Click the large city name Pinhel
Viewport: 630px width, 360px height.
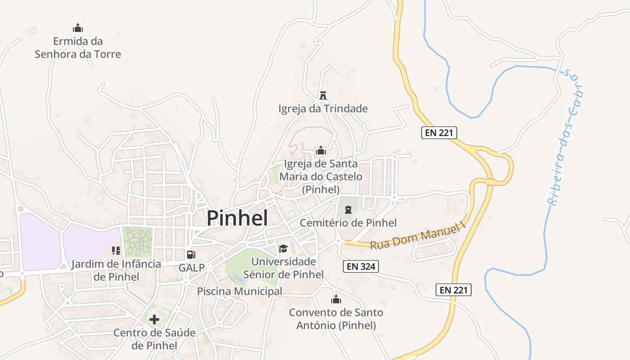pyautogui.click(x=237, y=218)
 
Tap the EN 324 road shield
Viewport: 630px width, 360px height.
pyautogui.click(x=360, y=266)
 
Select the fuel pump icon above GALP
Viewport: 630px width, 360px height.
pyautogui.click(x=191, y=255)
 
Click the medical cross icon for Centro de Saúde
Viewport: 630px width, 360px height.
pyautogui.click(x=154, y=319)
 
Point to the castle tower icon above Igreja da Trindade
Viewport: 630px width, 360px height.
pyautogui.click(x=323, y=95)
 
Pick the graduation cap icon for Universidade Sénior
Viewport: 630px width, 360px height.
pyautogui.click(x=283, y=248)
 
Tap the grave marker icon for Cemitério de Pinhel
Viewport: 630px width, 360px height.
pyautogui.click(x=348, y=210)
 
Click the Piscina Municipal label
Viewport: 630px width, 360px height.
pyautogui.click(x=239, y=292)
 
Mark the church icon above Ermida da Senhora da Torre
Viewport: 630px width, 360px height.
pyautogui.click(x=78, y=28)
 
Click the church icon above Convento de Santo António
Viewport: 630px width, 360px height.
pyautogui.click(x=336, y=299)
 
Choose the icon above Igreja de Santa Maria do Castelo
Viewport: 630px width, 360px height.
pyautogui.click(x=320, y=150)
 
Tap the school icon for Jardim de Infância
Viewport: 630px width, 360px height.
pyautogui.click(x=116, y=251)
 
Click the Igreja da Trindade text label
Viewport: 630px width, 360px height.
pyautogui.click(x=323, y=109)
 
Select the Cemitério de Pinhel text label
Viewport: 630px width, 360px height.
pyautogui.click(x=348, y=223)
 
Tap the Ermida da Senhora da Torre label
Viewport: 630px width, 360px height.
pyautogui.click(x=78, y=48)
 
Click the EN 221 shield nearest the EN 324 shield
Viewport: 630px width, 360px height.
pyautogui.click(x=454, y=290)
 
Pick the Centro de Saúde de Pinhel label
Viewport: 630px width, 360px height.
pyautogui.click(x=154, y=339)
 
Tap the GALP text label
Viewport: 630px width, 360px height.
pyautogui.click(x=191, y=268)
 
